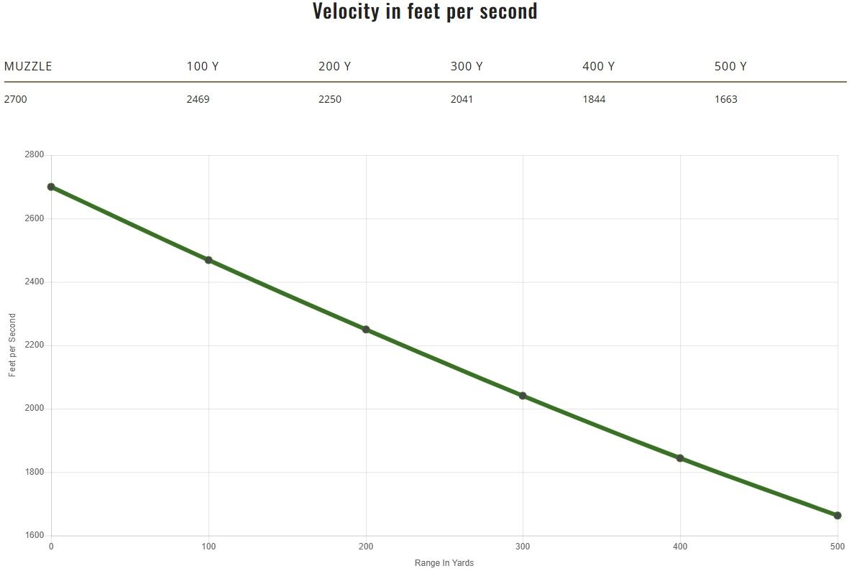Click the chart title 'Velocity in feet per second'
[424, 11]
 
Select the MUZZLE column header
[28, 67]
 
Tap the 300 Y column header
[467, 67]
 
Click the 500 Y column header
[730, 67]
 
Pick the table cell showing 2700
[16, 99]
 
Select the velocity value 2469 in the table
[198, 99]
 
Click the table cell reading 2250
[330, 99]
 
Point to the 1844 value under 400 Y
[594, 99]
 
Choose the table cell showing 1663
[726, 99]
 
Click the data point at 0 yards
[51, 187]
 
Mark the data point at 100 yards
[208, 260]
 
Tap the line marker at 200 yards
[366, 330]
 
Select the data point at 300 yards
[523, 396]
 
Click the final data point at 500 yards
[837, 515]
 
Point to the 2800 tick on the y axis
[35, 155]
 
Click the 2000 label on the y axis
[35, 409]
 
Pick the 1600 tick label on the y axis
[35, 536]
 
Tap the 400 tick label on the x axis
[680, 547]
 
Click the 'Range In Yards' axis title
[444, 563]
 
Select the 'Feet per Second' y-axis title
[12, 345]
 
